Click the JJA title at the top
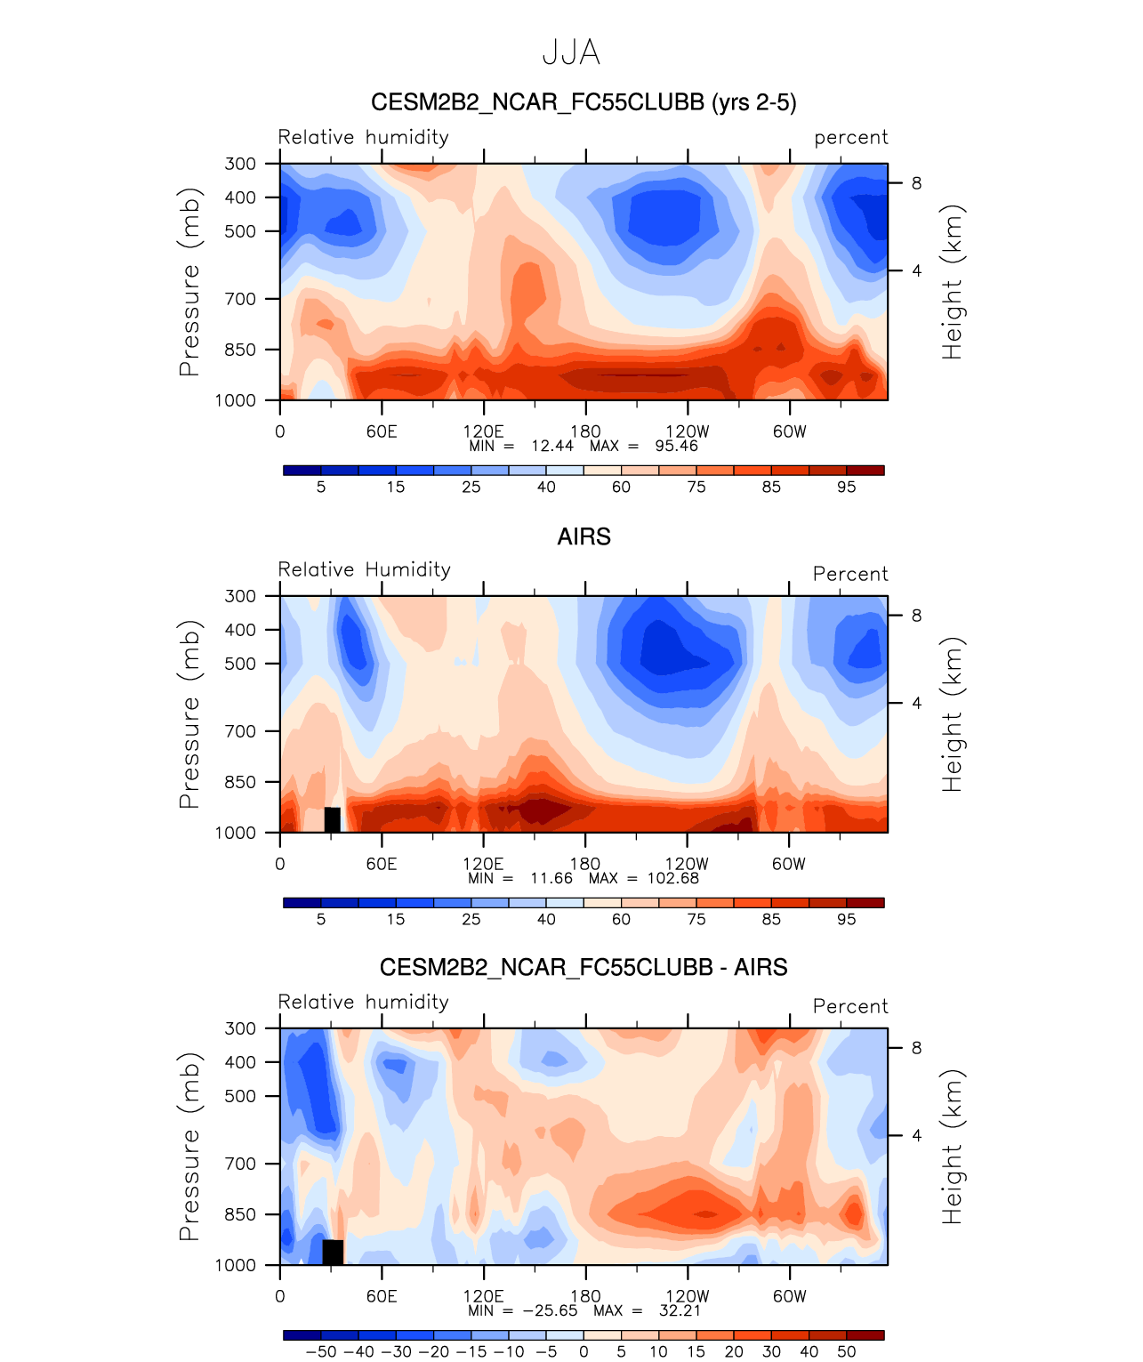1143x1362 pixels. tap(571, 53)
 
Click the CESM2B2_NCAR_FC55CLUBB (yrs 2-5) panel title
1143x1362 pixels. tap(584, 102)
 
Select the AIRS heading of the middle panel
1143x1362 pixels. tap(584, 536)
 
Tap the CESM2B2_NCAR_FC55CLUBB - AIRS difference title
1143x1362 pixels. tap(584, 967)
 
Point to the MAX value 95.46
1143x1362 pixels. tap(677, 446)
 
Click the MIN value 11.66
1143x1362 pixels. tap(551, 878)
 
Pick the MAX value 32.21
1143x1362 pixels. tap(680, 1310)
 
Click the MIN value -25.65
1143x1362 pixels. tap(550, 1310)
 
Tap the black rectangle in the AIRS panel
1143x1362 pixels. tap(333, 819)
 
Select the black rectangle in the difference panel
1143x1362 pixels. tap(333, 1252)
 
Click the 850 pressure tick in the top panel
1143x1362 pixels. tap(239, 350)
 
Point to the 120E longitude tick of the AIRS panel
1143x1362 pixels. tap(483, 864)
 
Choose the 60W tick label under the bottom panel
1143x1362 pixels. tap(789, 1296)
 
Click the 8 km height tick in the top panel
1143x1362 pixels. tap(916, 183)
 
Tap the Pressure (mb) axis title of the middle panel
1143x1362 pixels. tap(189, 713)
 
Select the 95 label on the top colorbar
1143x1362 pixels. tap(846, 487)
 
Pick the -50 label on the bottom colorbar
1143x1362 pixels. tap(321, 1351)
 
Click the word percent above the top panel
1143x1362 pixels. tap(851, 138)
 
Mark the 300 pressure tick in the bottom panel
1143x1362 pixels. tap(239, 1028)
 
